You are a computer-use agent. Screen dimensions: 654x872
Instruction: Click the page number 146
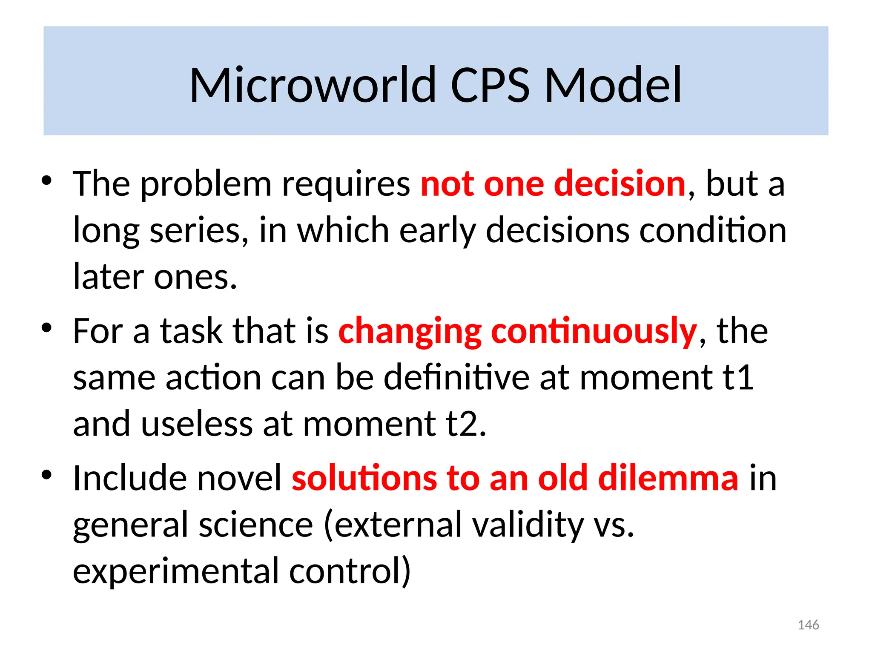808,625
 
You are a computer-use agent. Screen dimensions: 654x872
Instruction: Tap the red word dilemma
668,478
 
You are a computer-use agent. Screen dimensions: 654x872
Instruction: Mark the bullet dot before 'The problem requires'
46,181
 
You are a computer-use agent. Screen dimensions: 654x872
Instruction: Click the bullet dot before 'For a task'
46,328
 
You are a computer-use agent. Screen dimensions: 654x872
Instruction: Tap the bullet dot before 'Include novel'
46,474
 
